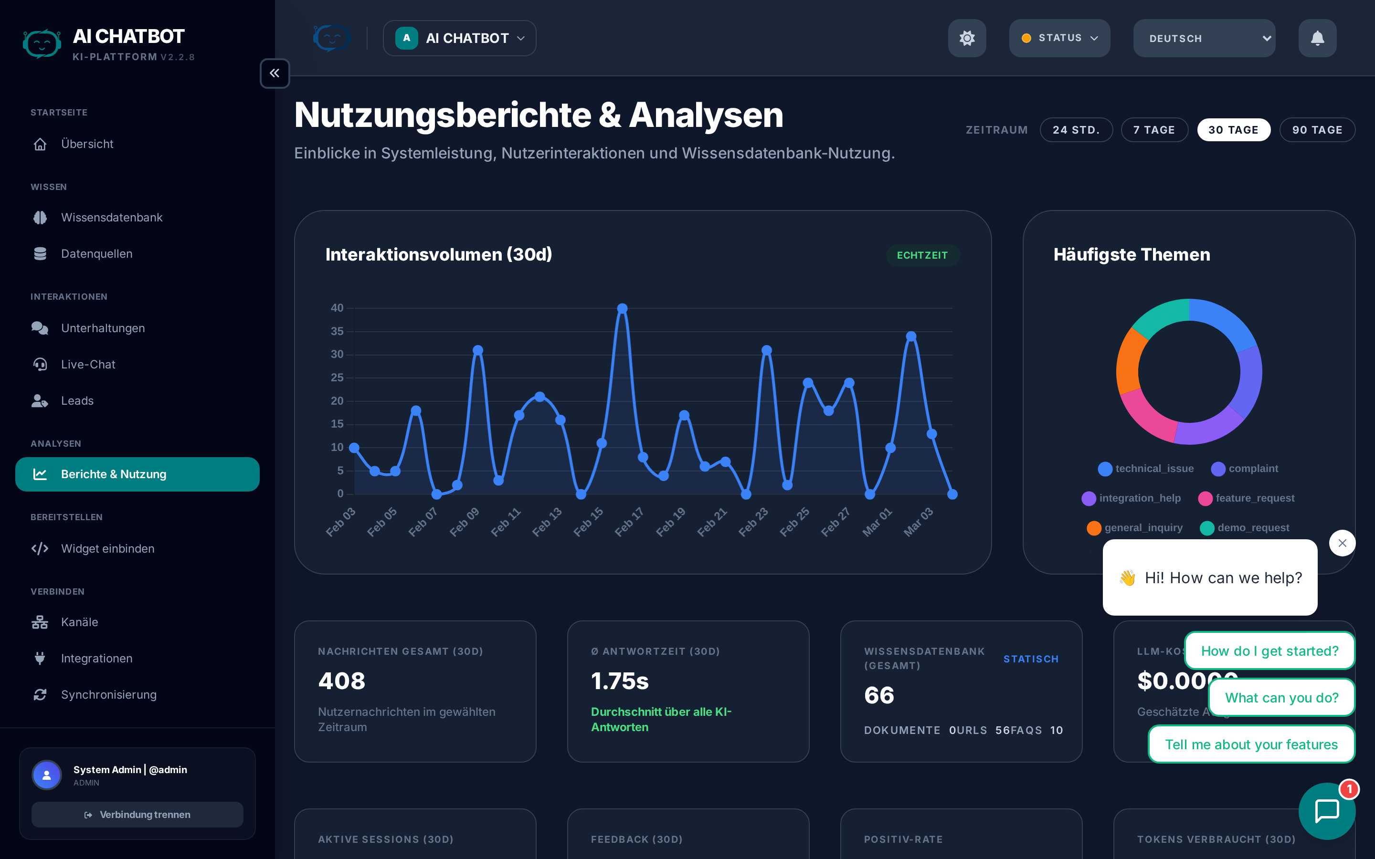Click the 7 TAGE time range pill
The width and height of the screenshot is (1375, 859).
click(x=1154, y=130)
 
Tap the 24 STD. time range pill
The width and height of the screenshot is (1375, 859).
click(x=1076, y=130)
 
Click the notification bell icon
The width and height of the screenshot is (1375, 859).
click(x=1317, y=38)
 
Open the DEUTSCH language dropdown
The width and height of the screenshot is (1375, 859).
click(x=1204, y=38)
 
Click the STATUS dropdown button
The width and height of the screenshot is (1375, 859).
click(x=1059, y=38)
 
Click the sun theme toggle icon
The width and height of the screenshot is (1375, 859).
click(x=966, y=38)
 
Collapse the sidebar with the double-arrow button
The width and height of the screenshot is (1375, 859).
click(x=275, y=73)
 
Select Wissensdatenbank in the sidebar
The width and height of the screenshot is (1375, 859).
click(x=111, y=218)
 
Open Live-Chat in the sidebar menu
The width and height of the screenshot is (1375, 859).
click(x=88, y=364)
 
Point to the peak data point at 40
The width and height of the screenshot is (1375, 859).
click(x=622, y=308)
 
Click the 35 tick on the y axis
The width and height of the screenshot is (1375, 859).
click(x=337, y=331)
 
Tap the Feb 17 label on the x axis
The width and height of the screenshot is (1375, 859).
click(x=630, y=521)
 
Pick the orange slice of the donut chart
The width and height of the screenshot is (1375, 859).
click(x=1128, y=364)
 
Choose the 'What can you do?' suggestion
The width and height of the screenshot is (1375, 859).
click(x=1281, y=698)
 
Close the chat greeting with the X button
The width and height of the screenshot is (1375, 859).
click(x=1342, y=543)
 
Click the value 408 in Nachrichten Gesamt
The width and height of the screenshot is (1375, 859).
click(x=341, y=681)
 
